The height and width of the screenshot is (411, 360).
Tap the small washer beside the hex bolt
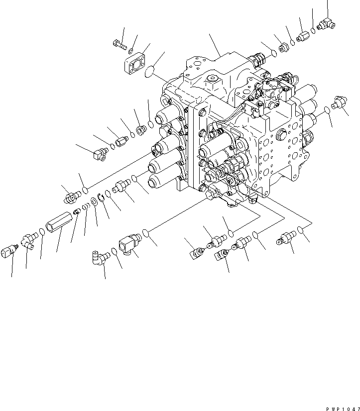(x=130, y=51)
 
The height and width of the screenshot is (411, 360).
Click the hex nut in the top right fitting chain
(x=283, y=48)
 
